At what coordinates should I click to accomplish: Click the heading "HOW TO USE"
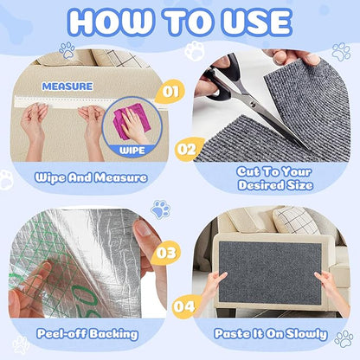pyautogui.click(x=179, y=21)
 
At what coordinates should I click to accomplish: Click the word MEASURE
pyautogui.click(x=67, y=87)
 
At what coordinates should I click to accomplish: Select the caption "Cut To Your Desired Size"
pyautogui.click(x=273, y=177)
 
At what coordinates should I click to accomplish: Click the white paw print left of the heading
pyautogui.click(x=67, y=49)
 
